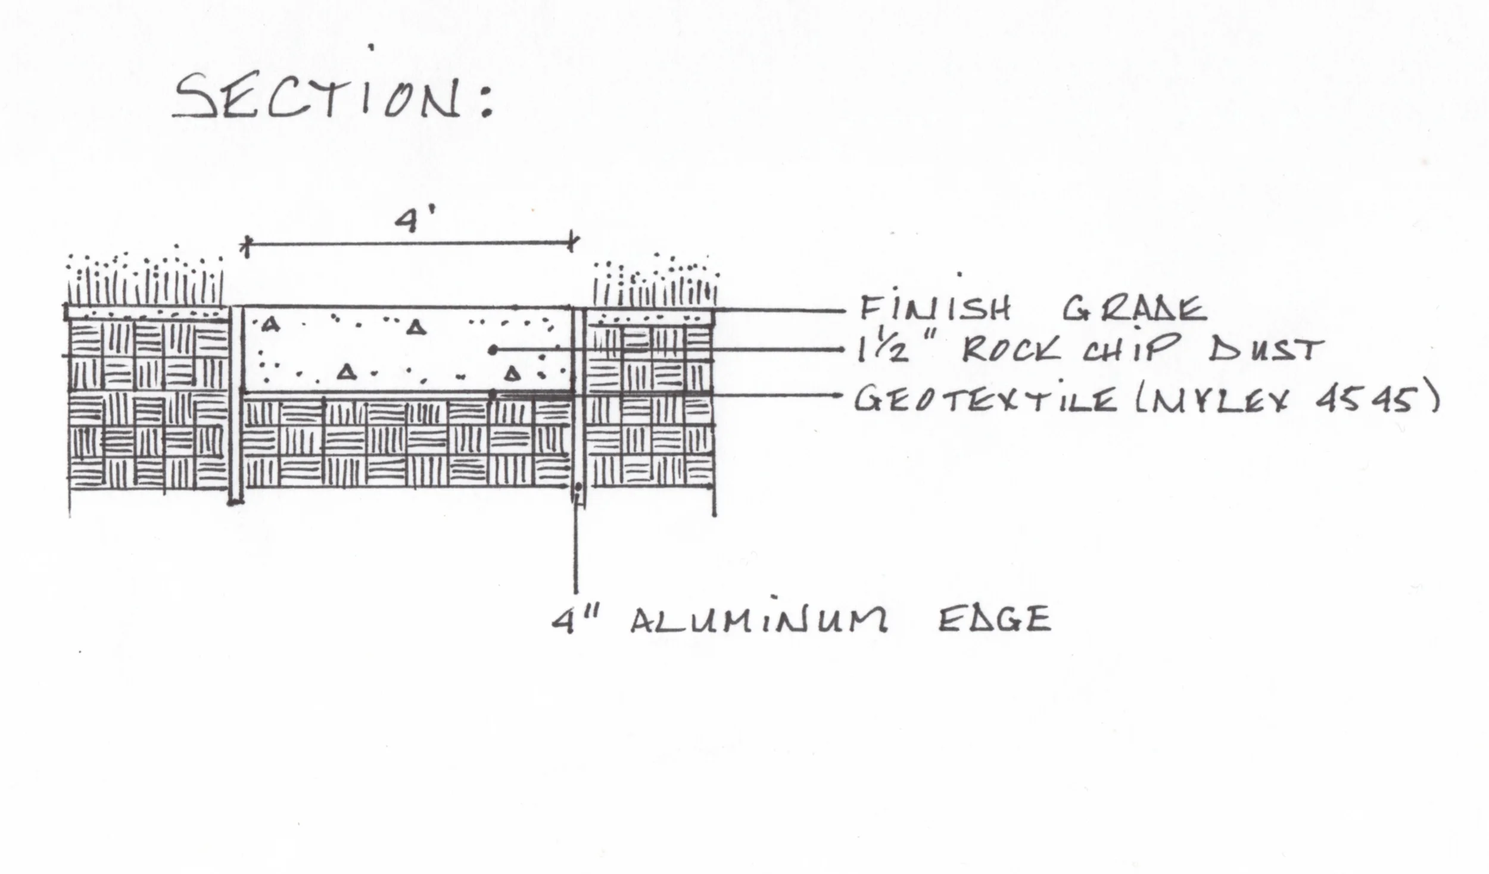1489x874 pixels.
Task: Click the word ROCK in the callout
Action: point(1011,350)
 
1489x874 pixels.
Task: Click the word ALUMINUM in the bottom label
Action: point(759,620)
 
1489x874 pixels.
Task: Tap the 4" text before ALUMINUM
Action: point(572,620)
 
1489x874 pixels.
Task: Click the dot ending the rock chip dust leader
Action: point(493,351)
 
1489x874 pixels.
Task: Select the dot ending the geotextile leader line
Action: point(493,394)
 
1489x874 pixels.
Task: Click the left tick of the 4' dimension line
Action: point(246,245)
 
